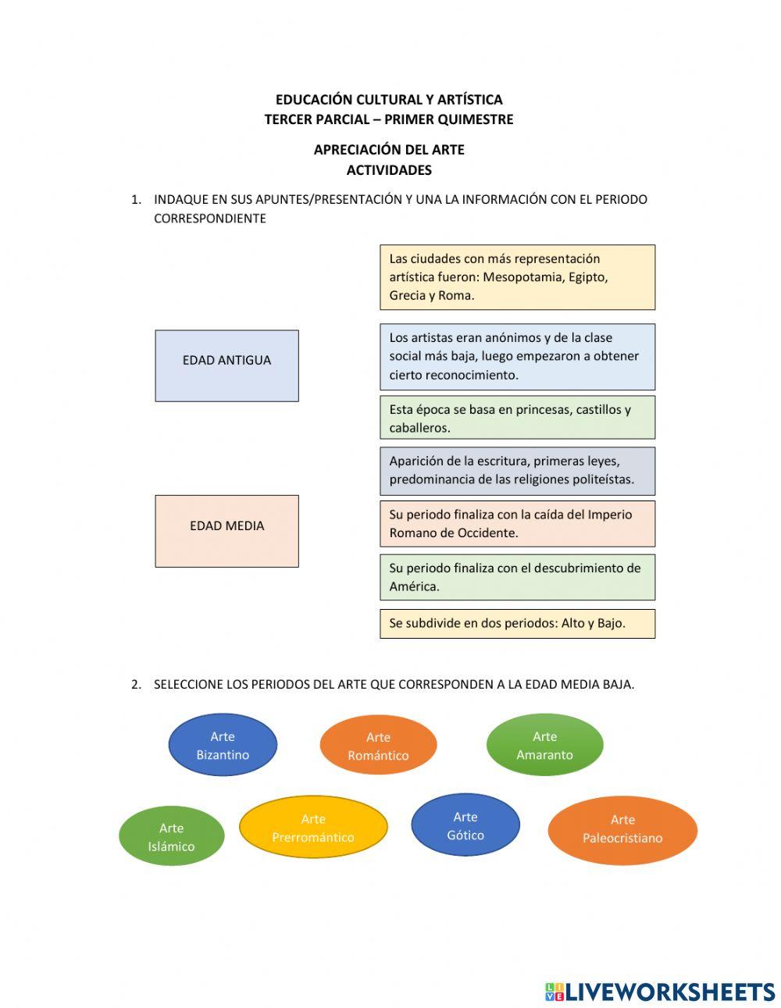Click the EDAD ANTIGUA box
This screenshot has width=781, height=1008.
226,365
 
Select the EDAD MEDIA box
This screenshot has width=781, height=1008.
226,530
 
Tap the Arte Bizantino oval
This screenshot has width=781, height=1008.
223,745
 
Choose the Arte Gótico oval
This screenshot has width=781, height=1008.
465,825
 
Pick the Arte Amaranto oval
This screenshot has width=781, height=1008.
544,745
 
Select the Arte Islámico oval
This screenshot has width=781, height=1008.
171,836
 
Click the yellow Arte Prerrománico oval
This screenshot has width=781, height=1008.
313,828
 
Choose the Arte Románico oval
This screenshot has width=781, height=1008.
378,746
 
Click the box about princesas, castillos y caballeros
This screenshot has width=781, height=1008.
517,418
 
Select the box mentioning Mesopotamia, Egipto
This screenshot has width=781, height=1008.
517,277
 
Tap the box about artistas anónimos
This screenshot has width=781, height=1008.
517,356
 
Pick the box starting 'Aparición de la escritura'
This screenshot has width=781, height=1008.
517,470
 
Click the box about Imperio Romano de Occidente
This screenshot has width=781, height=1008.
517,523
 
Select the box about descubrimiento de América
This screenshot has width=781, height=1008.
517,577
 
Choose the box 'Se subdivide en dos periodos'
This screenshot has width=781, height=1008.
517,623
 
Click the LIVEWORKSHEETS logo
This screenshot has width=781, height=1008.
660,992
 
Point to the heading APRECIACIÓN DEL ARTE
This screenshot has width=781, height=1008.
389,149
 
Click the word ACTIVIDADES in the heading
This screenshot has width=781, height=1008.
389,169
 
